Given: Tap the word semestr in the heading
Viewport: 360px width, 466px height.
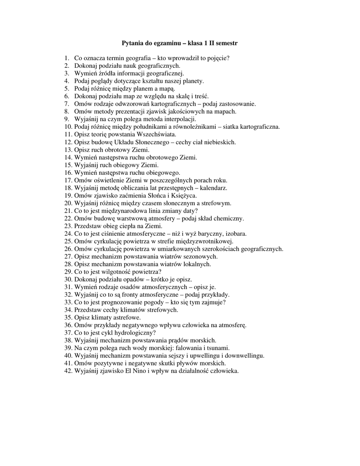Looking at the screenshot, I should click(x=225, y=43).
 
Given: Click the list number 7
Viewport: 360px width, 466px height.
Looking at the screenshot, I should click(x=66, y=104).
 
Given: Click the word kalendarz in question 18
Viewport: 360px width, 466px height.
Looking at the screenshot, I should click(x=213, y=187).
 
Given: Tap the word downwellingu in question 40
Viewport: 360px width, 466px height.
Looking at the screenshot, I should click(x=243, y=355).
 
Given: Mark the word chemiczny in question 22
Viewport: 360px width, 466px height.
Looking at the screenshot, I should click(x=228, y=218).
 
